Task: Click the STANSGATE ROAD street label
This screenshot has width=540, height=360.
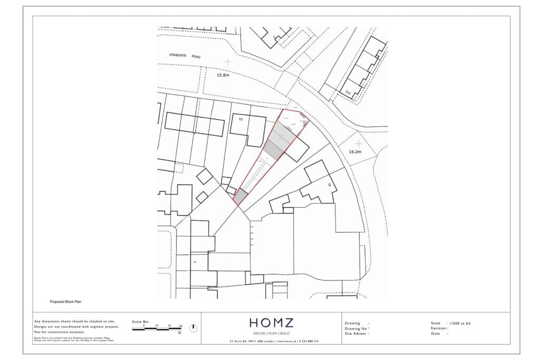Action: [x=185, y=55]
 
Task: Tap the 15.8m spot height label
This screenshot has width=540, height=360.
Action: [x=224, y=75]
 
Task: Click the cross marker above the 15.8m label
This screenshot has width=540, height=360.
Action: [x=227, y=62]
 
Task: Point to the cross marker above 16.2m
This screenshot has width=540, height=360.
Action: [x=359, y=143]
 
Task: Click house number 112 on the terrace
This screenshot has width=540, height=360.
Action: [x=348, y=93]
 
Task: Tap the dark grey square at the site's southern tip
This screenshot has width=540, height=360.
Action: [x=240, y=197]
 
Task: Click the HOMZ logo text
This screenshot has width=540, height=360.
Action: [x=271, y=323]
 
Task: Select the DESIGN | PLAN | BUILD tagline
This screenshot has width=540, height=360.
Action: [x=271, y=333]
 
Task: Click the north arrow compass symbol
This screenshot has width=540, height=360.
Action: [x=194, y=328]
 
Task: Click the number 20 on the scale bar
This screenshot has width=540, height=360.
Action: [x=181, y=326]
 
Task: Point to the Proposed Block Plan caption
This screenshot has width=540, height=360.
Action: [x=65, y=303]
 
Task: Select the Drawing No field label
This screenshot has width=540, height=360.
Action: [x=356, y=328]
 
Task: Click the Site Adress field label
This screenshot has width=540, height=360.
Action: [x=356, y=334]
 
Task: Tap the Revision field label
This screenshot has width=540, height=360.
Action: [x=439, y=328]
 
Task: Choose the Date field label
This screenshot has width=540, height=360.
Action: [x=436, y=334]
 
